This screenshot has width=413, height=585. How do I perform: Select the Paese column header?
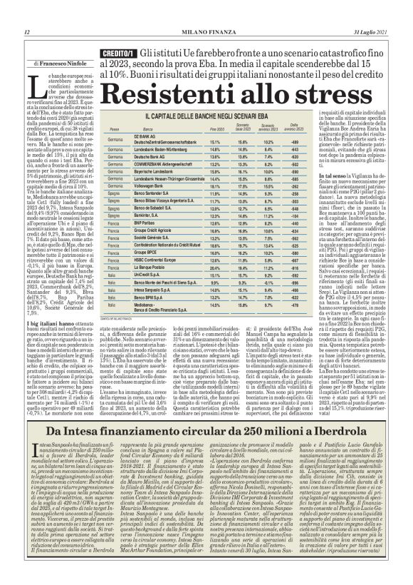(x=114, y=129)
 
